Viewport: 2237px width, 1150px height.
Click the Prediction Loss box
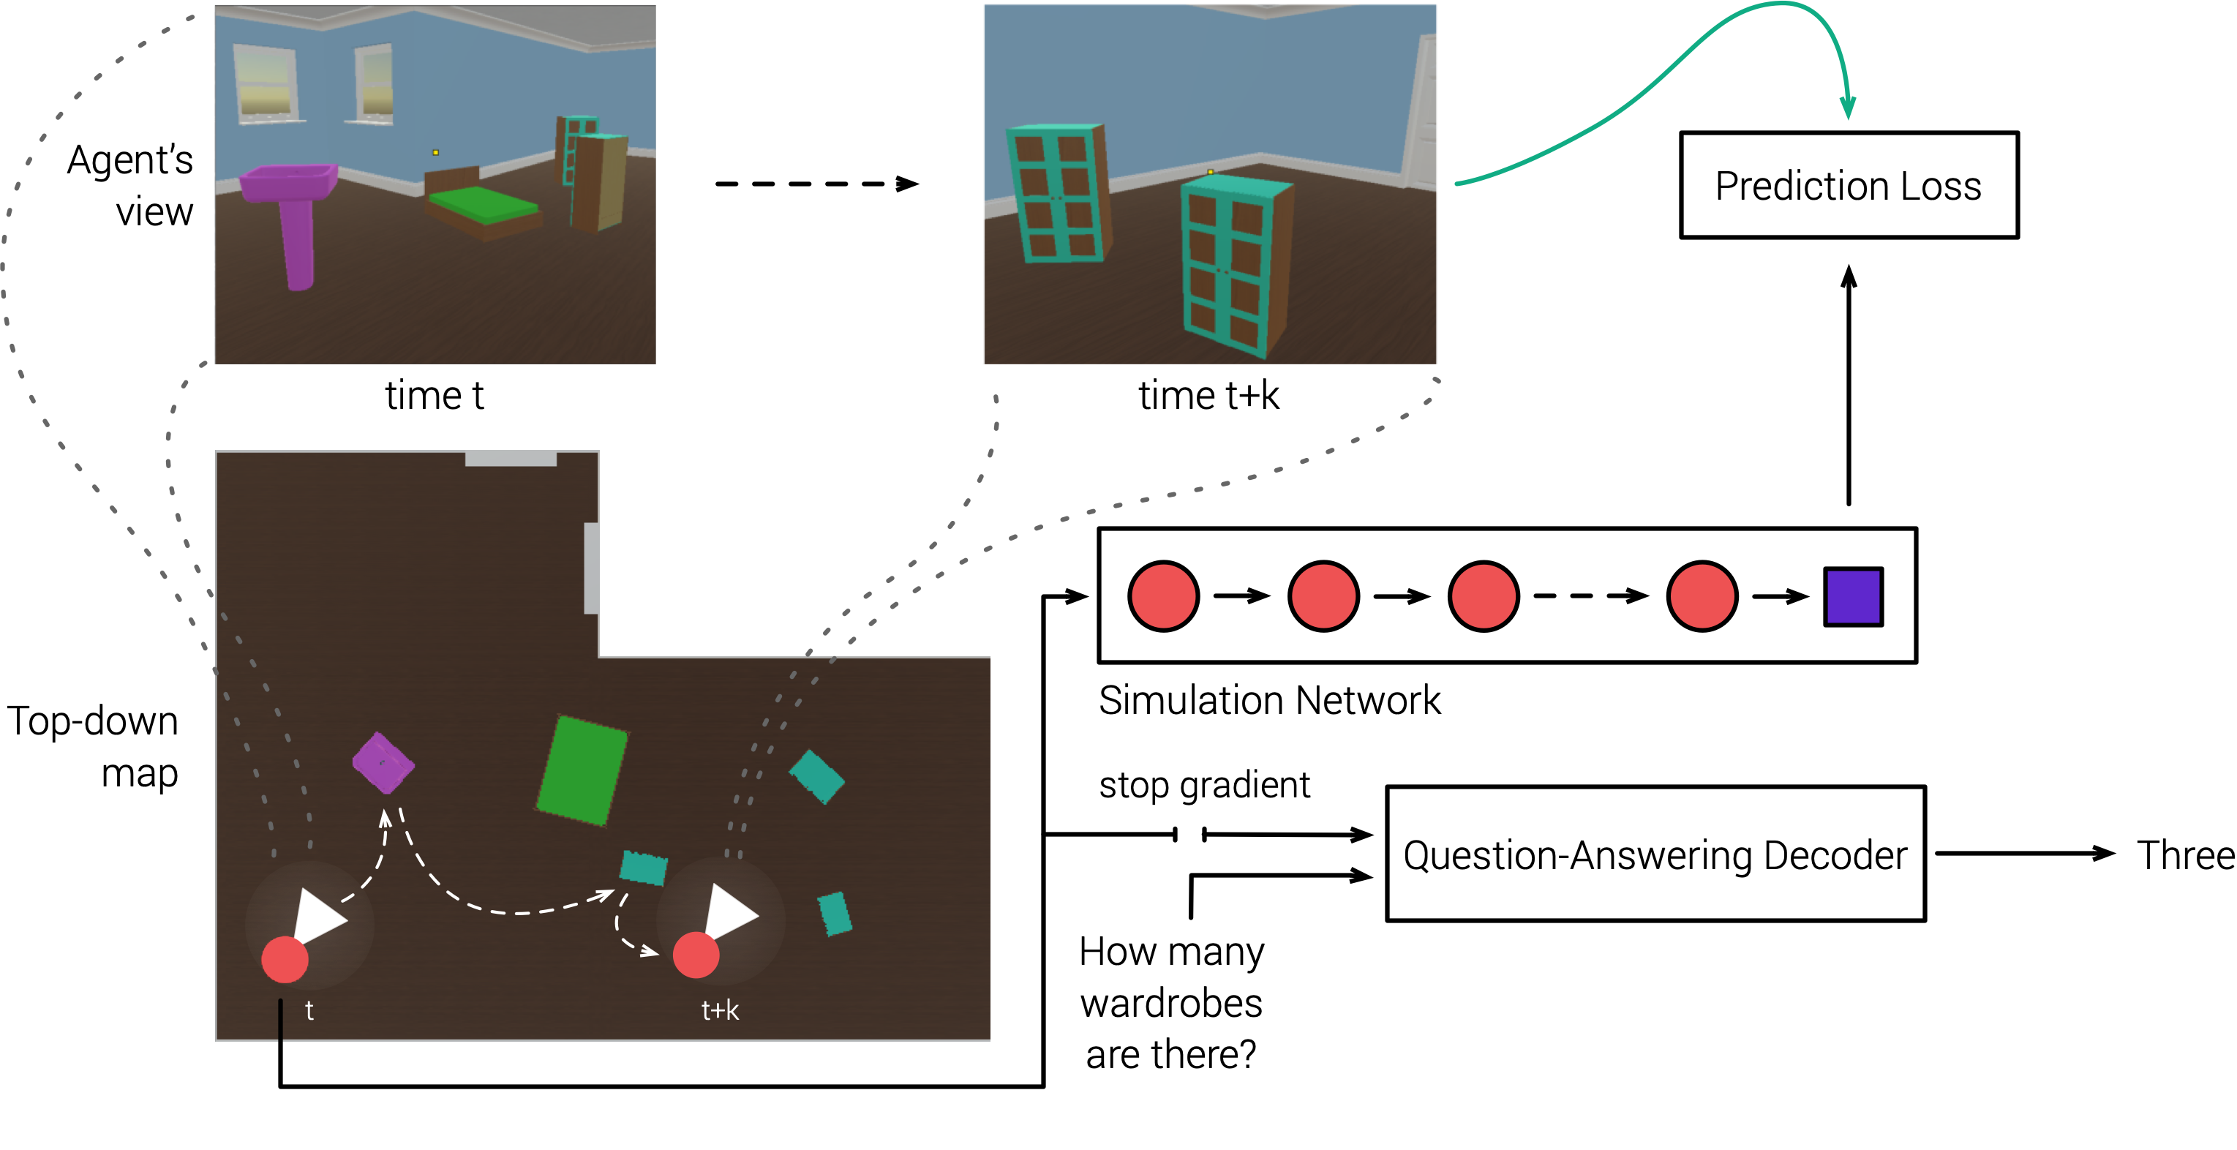pos(1849,185)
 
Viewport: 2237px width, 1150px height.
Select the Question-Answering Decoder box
pos(1655,854)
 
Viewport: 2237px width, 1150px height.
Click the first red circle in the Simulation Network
pos(1164,595)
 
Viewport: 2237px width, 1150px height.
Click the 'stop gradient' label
pos(1205,784)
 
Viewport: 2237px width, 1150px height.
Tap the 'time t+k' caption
pos(1208,395)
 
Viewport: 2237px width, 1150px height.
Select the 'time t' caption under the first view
pos(435,395)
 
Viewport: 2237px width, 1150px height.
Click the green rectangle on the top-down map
pos(582,770)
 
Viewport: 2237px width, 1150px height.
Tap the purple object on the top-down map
pos(383,762)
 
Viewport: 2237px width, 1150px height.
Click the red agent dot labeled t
pos(285,960)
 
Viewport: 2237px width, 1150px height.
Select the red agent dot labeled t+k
pos(696,955)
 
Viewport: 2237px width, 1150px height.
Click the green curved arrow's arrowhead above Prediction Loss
pos(1848,108)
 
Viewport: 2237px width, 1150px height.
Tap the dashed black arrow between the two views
pos(816,184)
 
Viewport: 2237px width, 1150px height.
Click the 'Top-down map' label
pos(93,747)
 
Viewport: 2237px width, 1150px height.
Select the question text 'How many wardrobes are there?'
pos(1171,1003)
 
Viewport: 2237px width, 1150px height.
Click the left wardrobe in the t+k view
pos(1058,193)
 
